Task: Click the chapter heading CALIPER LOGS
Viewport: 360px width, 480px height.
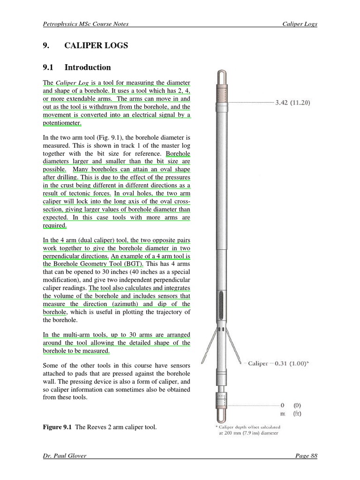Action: (96, 45)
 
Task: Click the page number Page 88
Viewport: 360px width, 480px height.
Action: (306, 455)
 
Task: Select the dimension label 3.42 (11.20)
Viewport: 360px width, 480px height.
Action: (292, 102)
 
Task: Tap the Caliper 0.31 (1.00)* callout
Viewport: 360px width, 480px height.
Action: (278, 363)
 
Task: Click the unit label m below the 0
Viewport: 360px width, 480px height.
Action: (283, 413)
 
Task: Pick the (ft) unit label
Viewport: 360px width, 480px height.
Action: (297, 413)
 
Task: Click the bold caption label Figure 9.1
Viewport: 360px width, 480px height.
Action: (57, 427)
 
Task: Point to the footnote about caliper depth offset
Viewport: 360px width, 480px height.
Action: (248, 430)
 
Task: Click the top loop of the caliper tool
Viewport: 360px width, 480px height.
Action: (222, 78)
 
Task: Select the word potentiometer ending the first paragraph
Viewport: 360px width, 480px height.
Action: (62, 123)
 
